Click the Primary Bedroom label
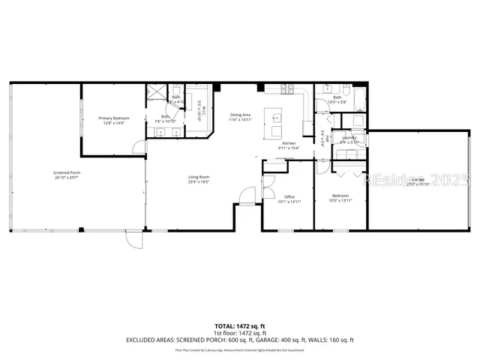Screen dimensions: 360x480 coord(114,118)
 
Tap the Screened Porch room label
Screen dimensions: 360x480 coord(45,175)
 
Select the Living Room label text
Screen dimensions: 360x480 coord(198,176)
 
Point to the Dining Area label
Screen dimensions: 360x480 coord(240,114)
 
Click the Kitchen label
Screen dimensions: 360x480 coord(289,143)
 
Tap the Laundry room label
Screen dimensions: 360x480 coord(349,137)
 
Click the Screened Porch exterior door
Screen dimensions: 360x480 coord(133,240)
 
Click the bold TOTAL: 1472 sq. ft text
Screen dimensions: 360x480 coord(240,325)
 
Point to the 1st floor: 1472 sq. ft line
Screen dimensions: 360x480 coord(240,332)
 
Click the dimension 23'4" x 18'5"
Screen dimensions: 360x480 coord(198,181)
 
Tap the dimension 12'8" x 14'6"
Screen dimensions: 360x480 coord(114,122)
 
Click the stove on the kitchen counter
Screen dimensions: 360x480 coord(286,91)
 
